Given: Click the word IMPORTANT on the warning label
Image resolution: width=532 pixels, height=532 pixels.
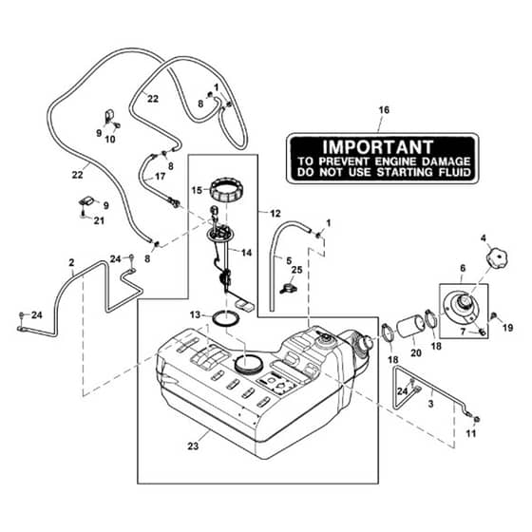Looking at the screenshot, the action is click(x=378, y=147).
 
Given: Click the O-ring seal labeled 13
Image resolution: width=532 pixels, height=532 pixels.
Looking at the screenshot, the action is click(x=226, y=318).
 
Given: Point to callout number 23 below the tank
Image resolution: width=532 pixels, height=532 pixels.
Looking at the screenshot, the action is click(x=193, y=446).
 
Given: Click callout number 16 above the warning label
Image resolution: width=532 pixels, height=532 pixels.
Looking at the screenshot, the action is click(x=384, y=110).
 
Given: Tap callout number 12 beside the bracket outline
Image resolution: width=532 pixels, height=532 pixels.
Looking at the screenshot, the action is click(x=275, y=214).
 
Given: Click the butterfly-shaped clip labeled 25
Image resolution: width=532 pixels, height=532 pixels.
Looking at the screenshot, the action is click(x=288, y=290).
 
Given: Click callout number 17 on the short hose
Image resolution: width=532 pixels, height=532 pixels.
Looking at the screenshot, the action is click(x=160, y=176).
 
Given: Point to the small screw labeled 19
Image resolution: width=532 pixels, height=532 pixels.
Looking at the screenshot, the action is click(x=494, y=315).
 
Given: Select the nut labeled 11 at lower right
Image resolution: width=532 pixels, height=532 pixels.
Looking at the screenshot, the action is click(x=476, y=419).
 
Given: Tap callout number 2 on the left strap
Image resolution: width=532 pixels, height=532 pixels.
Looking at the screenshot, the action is click(x=71, y=262).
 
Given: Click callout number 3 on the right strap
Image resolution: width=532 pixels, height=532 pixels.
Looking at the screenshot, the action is click(x=431, y=404).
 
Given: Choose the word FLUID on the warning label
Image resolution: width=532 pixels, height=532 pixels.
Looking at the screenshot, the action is click(x=454, y=172).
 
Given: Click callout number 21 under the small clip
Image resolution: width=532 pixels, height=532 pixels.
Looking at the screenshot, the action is click(x=99, y=220).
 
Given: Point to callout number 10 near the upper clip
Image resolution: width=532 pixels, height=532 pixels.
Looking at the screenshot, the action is click(x=110, y=139).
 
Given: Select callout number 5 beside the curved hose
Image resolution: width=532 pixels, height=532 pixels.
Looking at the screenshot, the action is click(x=289, y=260).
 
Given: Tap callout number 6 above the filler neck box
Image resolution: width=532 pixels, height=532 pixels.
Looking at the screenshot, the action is click(x=463, y=268).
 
